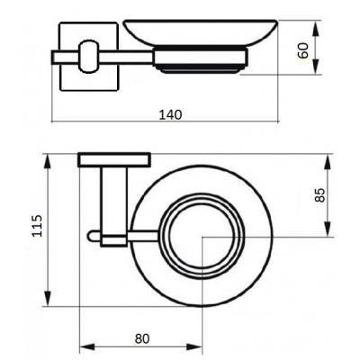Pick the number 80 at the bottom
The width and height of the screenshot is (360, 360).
[x=141, y=338]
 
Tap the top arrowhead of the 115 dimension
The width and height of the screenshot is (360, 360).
[x=47, y=158]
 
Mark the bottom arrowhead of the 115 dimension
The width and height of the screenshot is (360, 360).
[x=47, y=302]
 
